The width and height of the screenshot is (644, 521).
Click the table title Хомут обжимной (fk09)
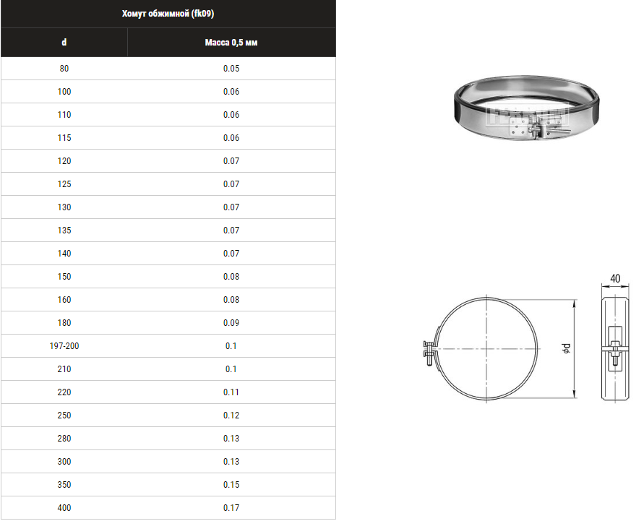coord(168,14)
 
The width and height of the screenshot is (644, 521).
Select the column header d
coord(64,43)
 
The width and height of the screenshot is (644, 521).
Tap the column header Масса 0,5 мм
coord(231,43)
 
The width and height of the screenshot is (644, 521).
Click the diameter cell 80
coord(64,69)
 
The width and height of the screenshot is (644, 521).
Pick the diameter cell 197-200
coord(64,346)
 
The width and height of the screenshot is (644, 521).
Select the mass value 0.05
coord(231,69)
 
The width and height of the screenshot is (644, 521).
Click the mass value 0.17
coord(231,508)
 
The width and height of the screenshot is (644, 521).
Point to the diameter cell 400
coord(64,508)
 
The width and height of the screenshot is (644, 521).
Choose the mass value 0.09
coord(231,323)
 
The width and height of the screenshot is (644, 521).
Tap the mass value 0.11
coord(231,392)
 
